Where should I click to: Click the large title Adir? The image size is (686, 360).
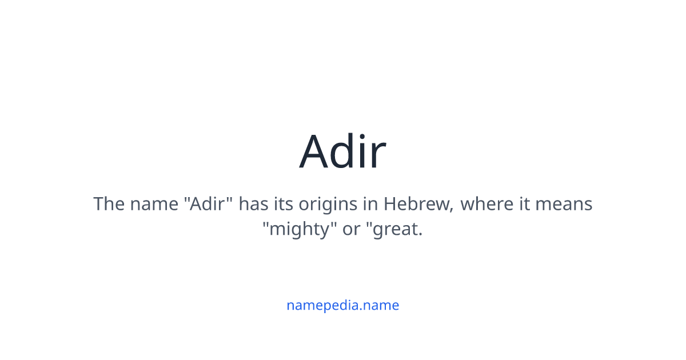tap(342, 151)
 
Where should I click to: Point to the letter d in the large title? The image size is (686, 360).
tap(345, 152)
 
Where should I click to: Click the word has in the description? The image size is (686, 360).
tap(253, 203)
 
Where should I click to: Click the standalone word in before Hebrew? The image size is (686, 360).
tap(370, 203)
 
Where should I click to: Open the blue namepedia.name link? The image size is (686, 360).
tap(342, 305)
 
